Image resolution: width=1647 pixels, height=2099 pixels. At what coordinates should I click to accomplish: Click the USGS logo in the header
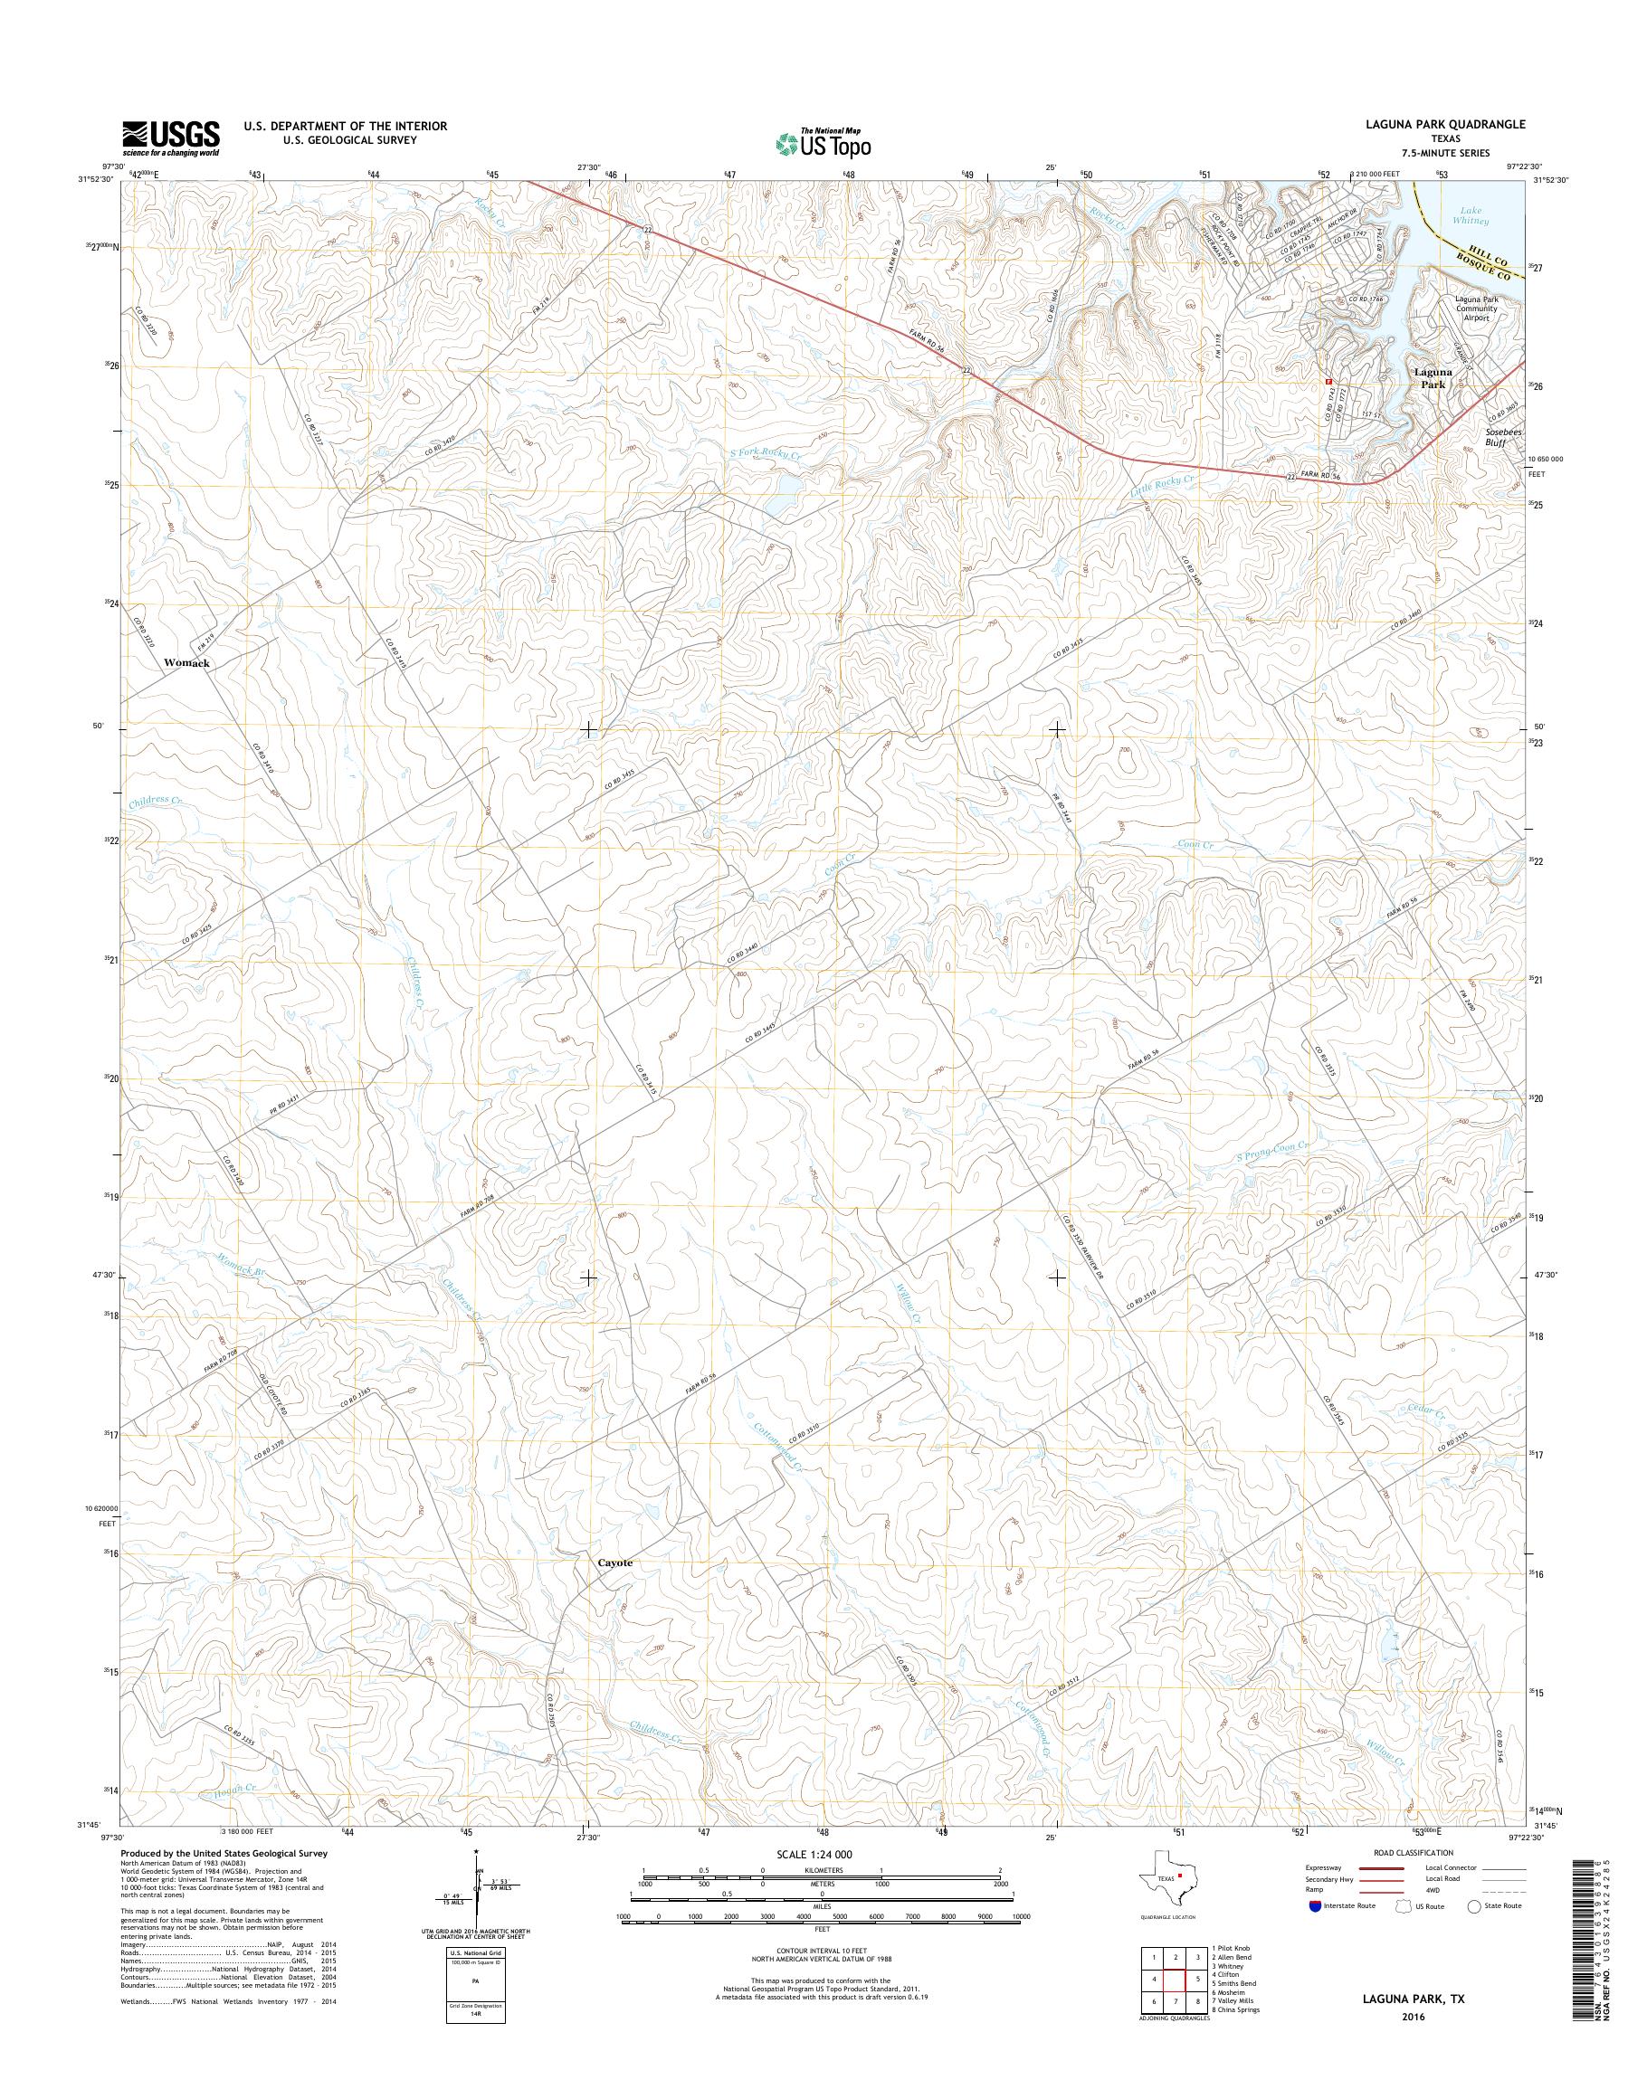click(x=171, y=138)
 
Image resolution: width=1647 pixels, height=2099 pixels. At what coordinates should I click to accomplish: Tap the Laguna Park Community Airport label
click(x=1476, y=308)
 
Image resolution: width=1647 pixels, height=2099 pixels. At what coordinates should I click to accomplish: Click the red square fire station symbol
click(x=1329, y=381)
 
